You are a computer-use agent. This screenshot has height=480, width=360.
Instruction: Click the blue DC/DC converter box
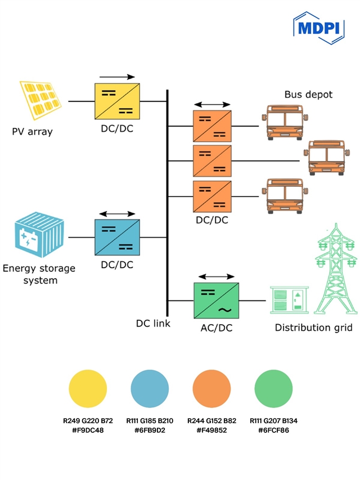[x=117, y=237]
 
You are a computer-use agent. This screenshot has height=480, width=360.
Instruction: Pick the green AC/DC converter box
[x=217, y=302]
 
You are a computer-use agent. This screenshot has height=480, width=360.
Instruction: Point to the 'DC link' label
[x=153, y=324]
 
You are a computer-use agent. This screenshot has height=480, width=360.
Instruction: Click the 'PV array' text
[x=32, y=132]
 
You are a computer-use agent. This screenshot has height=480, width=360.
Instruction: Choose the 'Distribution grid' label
[x=313, y=328]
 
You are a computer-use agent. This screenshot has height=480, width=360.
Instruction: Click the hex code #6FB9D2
[x=150, y=430]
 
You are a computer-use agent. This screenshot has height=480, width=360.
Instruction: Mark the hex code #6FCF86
[x=273, y=430]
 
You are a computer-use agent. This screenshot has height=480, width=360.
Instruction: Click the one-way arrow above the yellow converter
[x=117, y=77]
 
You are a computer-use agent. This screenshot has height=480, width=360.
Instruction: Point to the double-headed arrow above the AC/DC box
[x=217, y=277]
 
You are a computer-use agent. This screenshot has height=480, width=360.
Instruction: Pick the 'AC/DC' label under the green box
[x=217, y=328]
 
